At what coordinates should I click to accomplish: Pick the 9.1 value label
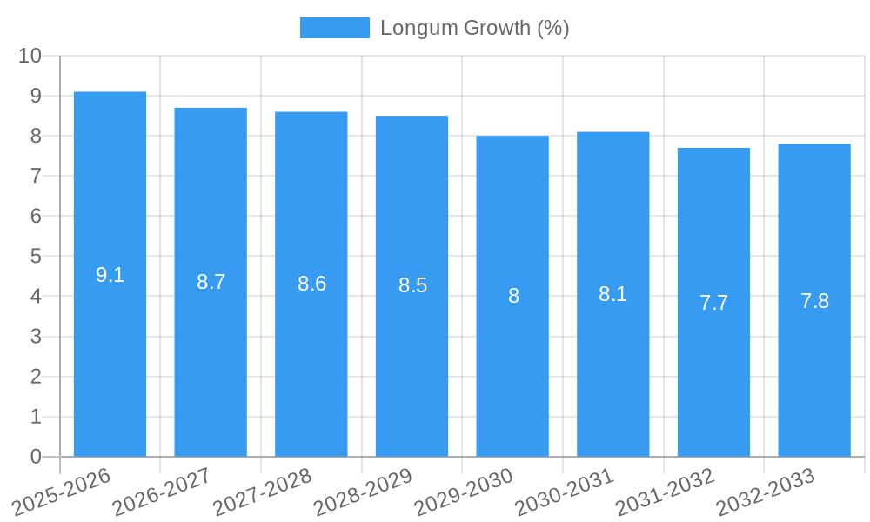110,275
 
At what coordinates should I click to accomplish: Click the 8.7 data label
211,282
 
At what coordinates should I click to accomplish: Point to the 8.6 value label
311,284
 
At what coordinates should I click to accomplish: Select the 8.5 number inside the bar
412,285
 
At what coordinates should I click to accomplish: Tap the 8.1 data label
612,294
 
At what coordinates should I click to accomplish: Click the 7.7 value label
713,303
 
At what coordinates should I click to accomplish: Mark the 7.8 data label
814,301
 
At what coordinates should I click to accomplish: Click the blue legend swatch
334,28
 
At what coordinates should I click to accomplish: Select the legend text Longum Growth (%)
474,28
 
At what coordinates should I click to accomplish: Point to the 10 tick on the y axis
30,56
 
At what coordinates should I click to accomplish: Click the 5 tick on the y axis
36,257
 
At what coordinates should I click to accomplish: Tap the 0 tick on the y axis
36,457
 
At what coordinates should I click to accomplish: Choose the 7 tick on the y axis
36,176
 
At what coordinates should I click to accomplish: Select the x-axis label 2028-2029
364,492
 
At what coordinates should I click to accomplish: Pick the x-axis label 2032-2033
766,492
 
